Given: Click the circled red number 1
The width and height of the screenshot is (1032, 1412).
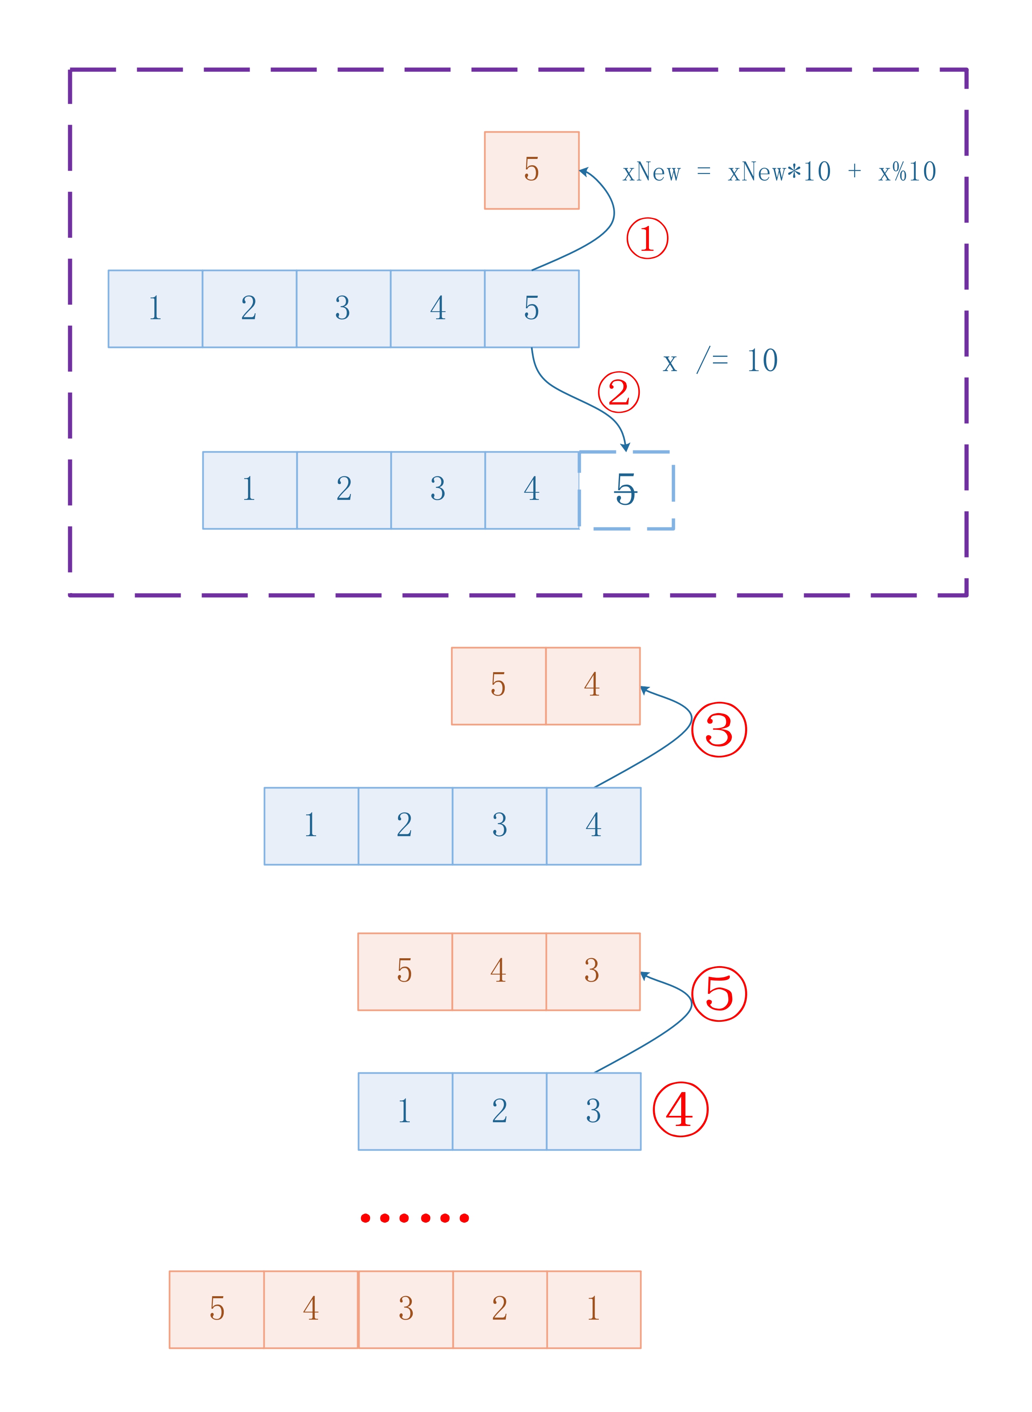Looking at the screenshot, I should (x=647, y=238).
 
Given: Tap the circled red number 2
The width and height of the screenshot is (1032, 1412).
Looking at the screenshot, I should (x=618, y=392).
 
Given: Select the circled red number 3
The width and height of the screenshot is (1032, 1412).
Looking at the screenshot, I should (x=719, y=729).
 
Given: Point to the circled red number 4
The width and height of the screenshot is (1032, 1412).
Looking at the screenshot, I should (x=680, y=1109).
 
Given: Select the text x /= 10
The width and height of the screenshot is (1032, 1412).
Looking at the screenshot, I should (x=720, y=361).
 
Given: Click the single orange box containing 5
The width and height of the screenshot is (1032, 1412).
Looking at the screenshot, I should (x=531, y=170).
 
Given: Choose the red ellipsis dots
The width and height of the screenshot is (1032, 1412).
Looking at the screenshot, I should (x=415, y=1218).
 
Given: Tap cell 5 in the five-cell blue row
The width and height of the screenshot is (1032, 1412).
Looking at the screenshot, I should (x=531, y=309).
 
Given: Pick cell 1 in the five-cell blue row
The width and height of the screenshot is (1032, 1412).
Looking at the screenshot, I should (x=156, y=309).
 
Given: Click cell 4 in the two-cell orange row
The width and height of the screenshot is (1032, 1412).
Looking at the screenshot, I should (x=593, y=686).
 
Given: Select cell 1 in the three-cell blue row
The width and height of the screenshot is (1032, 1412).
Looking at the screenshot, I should (x=405, y=1111).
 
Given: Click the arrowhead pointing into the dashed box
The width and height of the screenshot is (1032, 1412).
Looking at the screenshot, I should (x=625, y=448).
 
